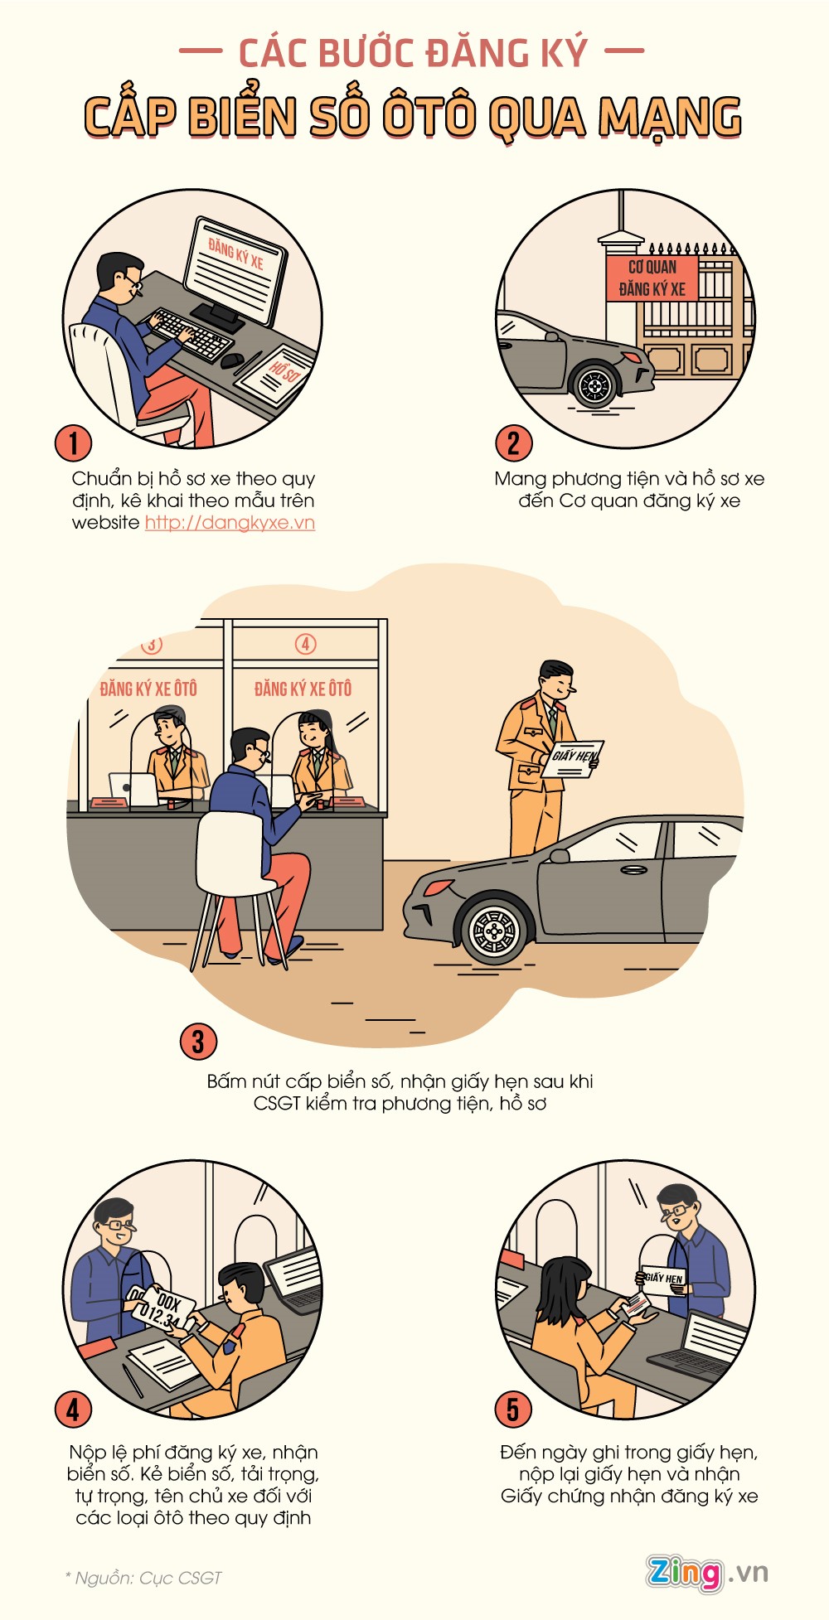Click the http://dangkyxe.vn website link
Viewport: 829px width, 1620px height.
(230, 523)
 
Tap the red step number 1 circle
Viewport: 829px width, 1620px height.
(73, 442)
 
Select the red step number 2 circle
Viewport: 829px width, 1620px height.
(513, 442)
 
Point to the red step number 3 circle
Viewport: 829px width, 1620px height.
(198, 1042)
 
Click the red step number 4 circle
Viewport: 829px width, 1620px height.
(73, 1409)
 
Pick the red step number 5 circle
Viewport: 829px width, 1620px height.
(513, 1409)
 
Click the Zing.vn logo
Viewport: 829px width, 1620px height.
(707, 1573)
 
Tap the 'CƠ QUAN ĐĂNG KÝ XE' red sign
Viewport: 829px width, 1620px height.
(652, 278)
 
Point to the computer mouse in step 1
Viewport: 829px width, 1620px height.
(231, 360)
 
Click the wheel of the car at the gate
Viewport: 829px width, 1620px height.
(594, 384)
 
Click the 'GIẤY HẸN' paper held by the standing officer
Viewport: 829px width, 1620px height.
(572, 759)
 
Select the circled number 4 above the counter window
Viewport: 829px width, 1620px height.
(305, 644)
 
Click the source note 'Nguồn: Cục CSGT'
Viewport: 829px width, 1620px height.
(143, 1578)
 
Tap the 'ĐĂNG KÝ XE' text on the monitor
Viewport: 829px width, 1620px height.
(236, 254)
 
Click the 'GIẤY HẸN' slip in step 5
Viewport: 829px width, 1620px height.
(662, 1279)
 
